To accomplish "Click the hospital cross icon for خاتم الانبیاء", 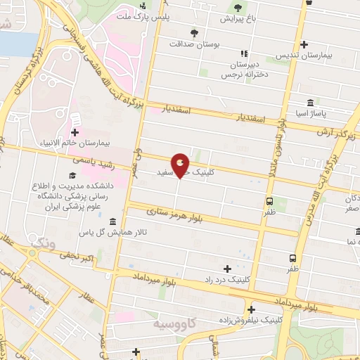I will [75, 131].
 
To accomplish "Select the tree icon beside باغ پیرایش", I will [237, 9].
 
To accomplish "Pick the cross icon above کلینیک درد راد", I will [226, 269].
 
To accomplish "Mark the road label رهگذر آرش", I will [331, 131].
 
